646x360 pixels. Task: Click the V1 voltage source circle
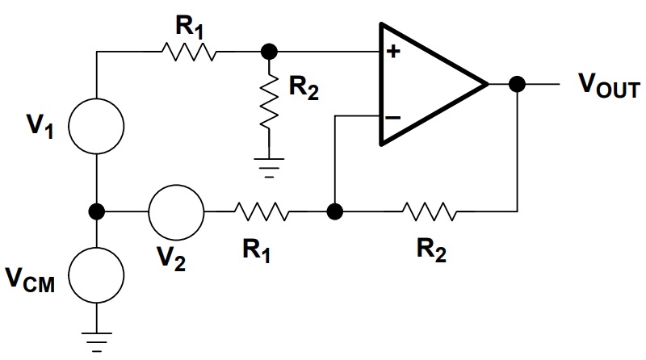click(96, 98)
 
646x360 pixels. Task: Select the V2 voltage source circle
click(176, 186)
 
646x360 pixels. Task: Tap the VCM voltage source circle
click(96, 248)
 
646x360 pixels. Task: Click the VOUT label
click(610, 86)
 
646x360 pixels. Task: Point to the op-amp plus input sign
click(393, 51)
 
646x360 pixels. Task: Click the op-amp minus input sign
click(392, 118)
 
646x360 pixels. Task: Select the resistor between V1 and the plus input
click(189, 52)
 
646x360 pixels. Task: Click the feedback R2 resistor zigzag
click(429, 211)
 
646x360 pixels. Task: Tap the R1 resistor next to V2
click(261, 211)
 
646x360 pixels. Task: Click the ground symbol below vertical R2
click(269, 168)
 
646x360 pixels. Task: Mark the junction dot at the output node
click(517, 84)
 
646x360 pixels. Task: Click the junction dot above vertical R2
click(269, 52)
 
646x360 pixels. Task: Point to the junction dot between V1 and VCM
click(96, 211)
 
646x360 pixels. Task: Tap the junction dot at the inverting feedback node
click(335, 211)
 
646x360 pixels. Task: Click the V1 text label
click(40, 125)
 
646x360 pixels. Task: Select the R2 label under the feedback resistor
click(431, 250)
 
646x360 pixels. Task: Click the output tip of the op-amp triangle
click(489, 84)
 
